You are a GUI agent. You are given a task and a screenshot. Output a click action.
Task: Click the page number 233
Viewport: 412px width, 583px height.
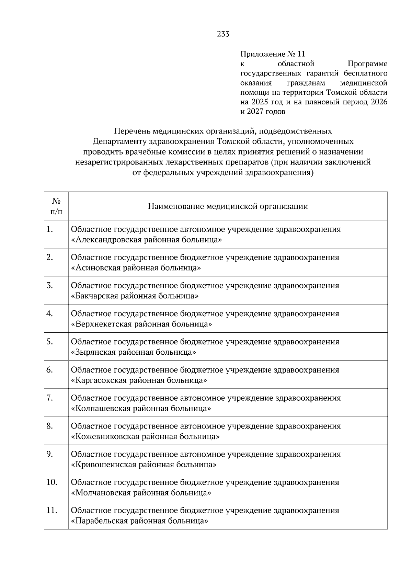(x=223, y=34)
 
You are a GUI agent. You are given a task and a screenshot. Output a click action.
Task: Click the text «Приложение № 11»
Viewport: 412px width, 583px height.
(x=273, y=54)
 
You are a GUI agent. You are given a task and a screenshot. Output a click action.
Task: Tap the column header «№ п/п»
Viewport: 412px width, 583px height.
(x=56, y=206)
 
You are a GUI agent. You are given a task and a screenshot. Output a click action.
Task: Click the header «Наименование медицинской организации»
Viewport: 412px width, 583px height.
(x=228, y=206)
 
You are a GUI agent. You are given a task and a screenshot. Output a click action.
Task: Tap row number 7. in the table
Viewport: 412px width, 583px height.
(x=50, y=398)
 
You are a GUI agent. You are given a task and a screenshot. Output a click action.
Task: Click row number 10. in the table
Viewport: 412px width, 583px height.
(x=51, y=482)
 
